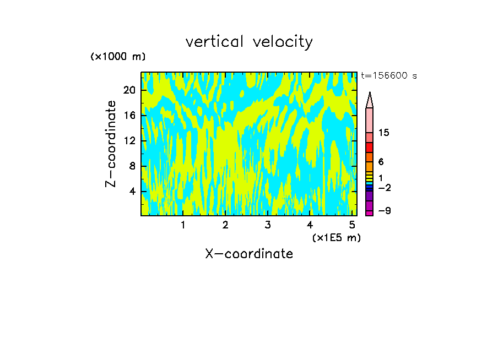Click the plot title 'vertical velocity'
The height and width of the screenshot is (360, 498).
[249, 42]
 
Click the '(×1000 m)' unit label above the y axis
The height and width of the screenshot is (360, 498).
[118, 57]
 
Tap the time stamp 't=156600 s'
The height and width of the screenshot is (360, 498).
[389, 76]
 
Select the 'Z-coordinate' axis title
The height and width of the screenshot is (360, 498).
[111, 144]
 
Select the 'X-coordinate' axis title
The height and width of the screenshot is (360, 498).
[249, 254]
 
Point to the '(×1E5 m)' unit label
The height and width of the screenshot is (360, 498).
[336, 238]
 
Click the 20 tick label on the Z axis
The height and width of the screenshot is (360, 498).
[129, 90]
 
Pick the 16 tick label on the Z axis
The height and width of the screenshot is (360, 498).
[129, 116]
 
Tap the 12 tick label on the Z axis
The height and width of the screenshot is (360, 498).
[129, 141]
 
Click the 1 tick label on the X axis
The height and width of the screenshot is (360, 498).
[183, 225]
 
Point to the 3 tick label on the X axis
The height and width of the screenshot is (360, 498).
[268, 225]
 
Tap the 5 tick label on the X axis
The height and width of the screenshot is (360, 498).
[352, 225]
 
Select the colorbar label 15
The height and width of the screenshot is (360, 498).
[384, 133]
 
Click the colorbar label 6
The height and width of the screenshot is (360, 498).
[381, 162]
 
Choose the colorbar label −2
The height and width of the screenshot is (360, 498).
[384, 188]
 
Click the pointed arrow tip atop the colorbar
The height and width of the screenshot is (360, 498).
[370, 99]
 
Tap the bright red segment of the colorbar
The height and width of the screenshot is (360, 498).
[370, 148]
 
